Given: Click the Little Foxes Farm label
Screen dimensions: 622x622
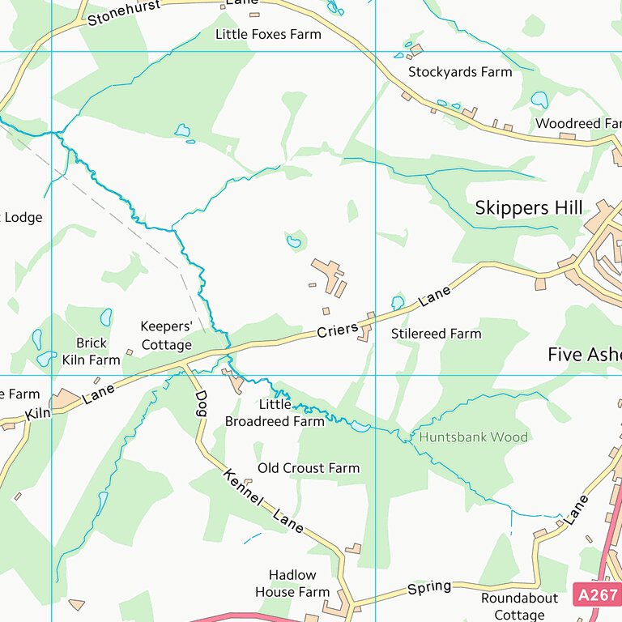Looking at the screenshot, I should click(267, 34).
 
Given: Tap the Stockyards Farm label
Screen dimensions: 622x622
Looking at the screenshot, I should click(460, 71).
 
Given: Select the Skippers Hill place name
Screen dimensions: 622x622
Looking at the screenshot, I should click(528, 208).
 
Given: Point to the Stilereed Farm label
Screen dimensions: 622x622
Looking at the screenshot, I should click(436, 333).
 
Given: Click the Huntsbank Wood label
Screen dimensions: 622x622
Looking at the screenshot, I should click(473, 437).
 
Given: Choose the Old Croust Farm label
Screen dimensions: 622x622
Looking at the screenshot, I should click(308, 468).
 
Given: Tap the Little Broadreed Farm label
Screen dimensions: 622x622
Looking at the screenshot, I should click(275, 413).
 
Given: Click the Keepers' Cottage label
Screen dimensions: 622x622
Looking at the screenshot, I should click(166, 335).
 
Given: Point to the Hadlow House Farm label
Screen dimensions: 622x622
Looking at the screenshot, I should click(292, 584).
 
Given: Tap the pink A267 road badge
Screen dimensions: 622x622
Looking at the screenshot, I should click(598, 594).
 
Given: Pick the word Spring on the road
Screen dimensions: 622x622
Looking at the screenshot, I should click(428, 587).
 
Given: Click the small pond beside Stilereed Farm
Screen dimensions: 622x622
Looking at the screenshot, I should click(398, 302).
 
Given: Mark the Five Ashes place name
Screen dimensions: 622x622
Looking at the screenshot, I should click(584, 355).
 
